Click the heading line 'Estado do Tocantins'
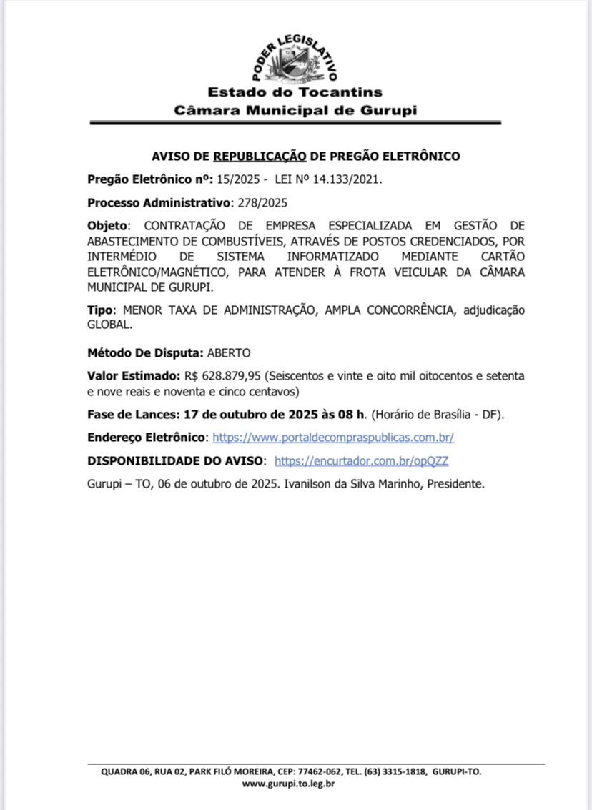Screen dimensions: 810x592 [295, 92]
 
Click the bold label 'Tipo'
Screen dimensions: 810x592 [102, 310]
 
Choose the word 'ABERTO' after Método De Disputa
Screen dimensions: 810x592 [229, 352]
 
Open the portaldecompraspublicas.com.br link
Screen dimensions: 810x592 [333, 437]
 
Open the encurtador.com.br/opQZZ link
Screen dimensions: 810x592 [361, 460]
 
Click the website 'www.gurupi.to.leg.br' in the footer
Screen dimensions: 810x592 [289, 784]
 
